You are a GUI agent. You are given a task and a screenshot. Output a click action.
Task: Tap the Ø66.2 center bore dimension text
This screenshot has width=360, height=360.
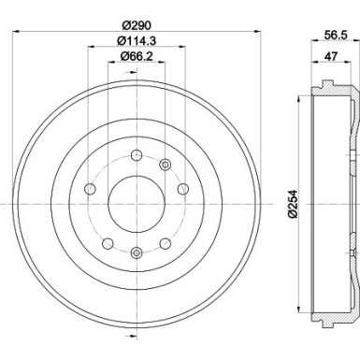pos(136,59)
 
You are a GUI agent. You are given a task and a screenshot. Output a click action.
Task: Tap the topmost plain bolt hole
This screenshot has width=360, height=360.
pos(137,154)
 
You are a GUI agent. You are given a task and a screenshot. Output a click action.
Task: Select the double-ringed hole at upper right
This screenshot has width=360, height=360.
pos(166,165)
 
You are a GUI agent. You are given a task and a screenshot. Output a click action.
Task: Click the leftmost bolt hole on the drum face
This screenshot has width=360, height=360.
pos(91,190)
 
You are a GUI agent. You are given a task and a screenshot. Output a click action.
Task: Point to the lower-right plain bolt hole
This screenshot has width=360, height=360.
pos(166,242)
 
